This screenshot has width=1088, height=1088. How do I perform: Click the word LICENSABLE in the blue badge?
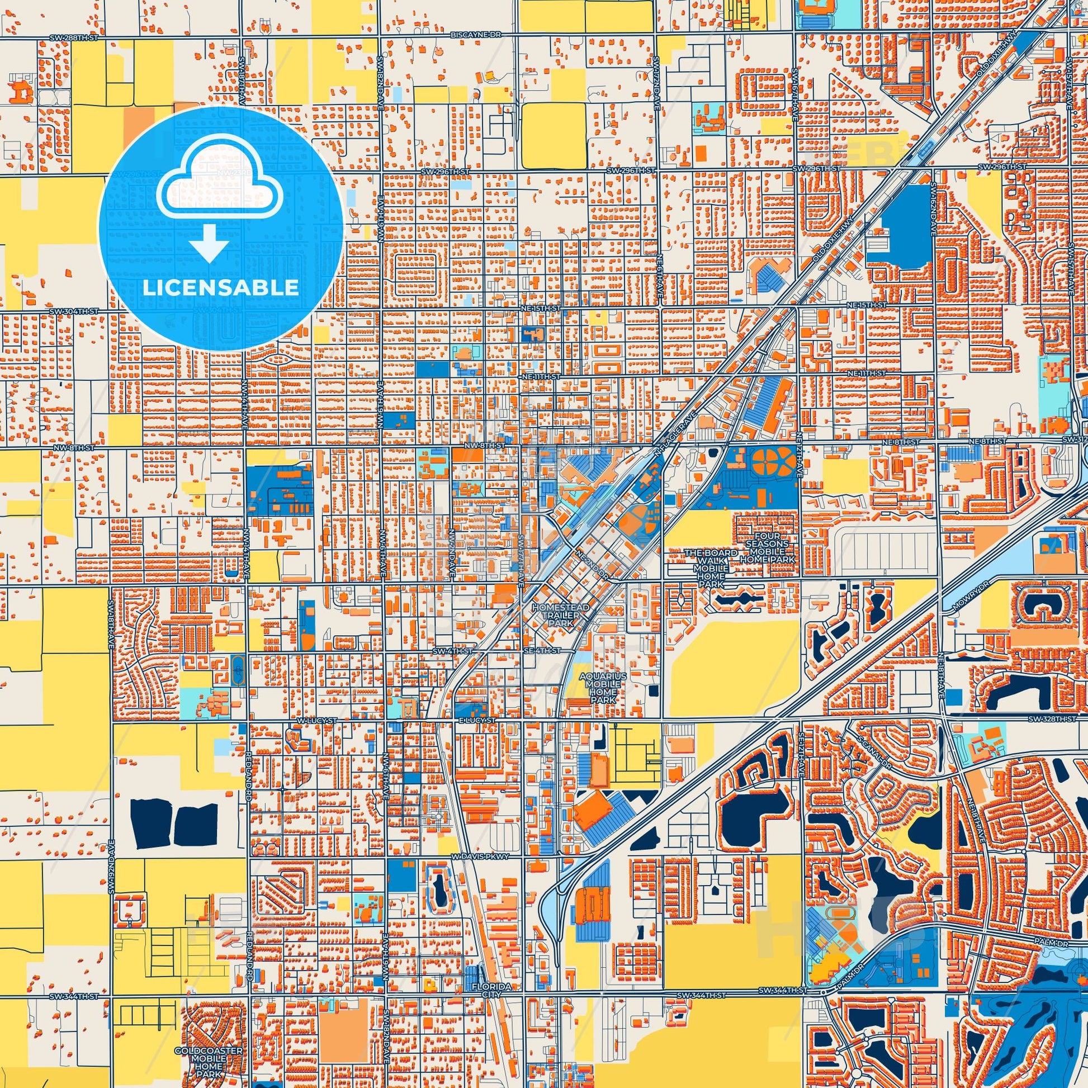[220, 287]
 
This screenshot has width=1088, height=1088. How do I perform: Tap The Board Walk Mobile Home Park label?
[711, 569]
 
